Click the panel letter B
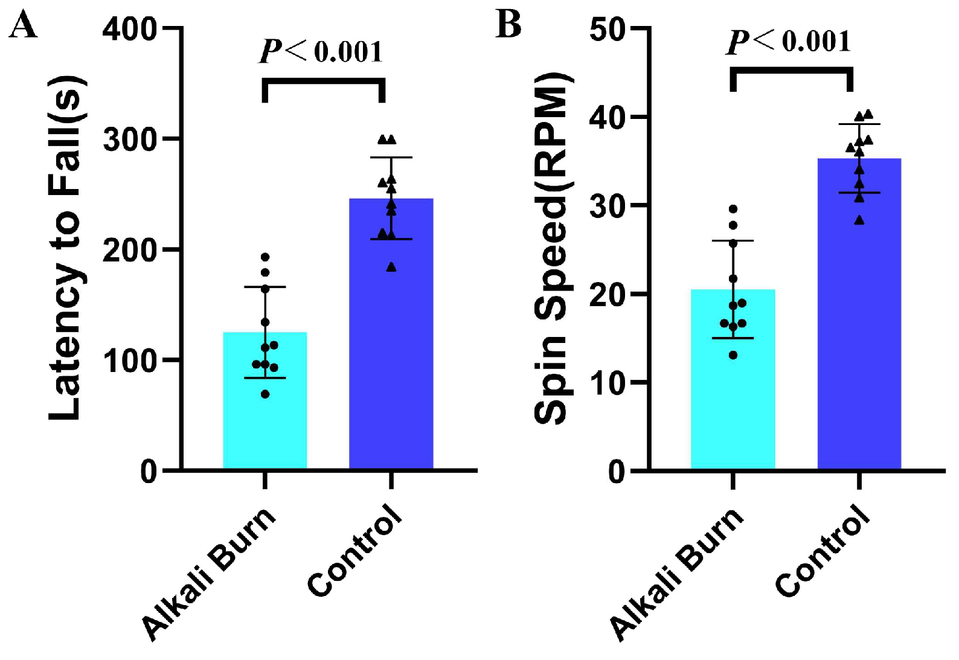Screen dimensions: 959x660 508,24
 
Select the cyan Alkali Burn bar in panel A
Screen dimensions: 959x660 265,400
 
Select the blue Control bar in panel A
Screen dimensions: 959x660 391,334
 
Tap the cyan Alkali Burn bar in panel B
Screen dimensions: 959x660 733,379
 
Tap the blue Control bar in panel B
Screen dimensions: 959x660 859,314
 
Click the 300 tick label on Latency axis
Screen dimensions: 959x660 129,139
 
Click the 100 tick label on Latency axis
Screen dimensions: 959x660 129,362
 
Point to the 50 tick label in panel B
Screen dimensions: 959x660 607,30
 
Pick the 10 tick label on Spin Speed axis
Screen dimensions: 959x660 607,382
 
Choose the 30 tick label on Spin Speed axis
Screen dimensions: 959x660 607,205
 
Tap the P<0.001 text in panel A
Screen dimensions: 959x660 321,52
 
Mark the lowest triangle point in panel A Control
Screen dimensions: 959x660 391,268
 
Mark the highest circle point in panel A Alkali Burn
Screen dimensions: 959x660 265,257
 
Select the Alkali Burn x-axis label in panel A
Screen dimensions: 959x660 209,574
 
